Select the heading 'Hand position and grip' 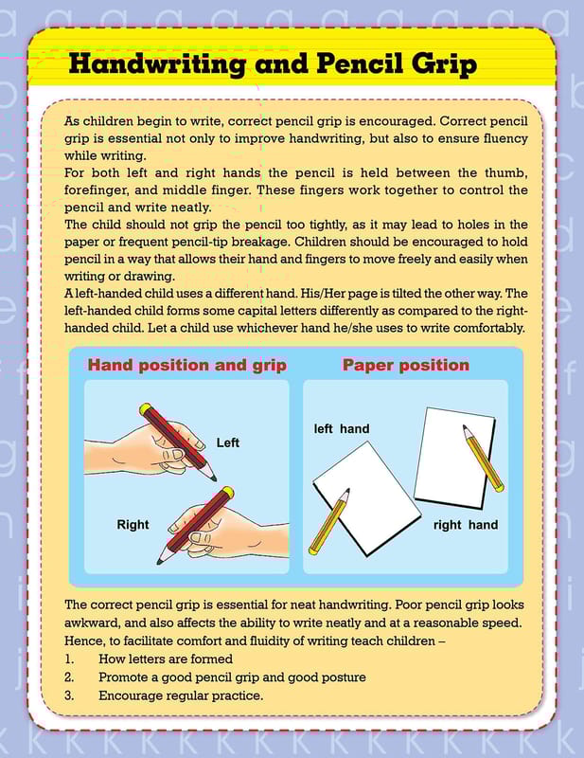(x=186, y=365)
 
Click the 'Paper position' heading (x=405, y=365)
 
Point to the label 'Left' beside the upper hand (x=228, y=442)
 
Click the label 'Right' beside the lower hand (x=133, y=524)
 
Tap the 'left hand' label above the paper (x=342, y=428)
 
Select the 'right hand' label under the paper (x=465, y=524)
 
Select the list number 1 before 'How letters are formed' (x=69, y=659)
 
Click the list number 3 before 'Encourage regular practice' (x=69, y=695)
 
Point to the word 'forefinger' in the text (x=95, y=189)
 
